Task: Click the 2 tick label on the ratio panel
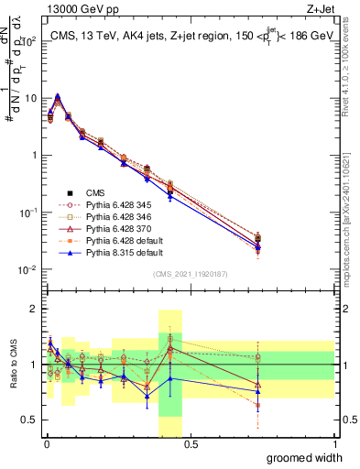point(36,309)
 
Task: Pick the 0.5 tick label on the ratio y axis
point(32,422)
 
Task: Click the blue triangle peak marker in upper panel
point(58,95)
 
